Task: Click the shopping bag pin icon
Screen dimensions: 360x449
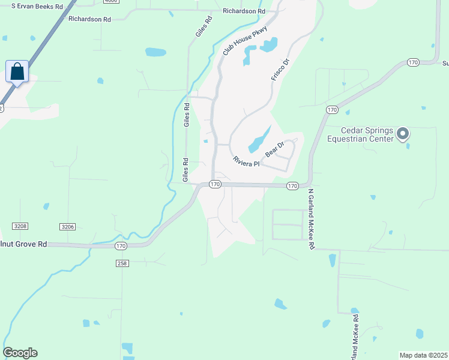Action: pyautogui.click(x=18, y=71)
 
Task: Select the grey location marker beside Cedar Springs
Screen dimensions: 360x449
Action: pyautogui.click(x=403, y=134)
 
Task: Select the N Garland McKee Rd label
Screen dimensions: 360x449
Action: pyautogui.click(x=312, y=219)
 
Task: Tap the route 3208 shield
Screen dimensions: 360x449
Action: pyautogui.click(x=20, y=226)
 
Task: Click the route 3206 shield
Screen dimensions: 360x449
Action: pyautogui.click(x=68, y=226)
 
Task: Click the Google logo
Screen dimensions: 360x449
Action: pyautogui.click(x=20, y=353)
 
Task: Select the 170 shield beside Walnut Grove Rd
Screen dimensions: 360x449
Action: pyautogui.click(x=121, y=246)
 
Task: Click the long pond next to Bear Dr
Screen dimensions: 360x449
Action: pyautogui.click(x=259, y=140)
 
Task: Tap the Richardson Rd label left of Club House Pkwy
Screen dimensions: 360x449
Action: pyautogui.click(x=90, y=19)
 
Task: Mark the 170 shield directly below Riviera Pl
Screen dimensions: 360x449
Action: pyautogui.click(x=215, y=184)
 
